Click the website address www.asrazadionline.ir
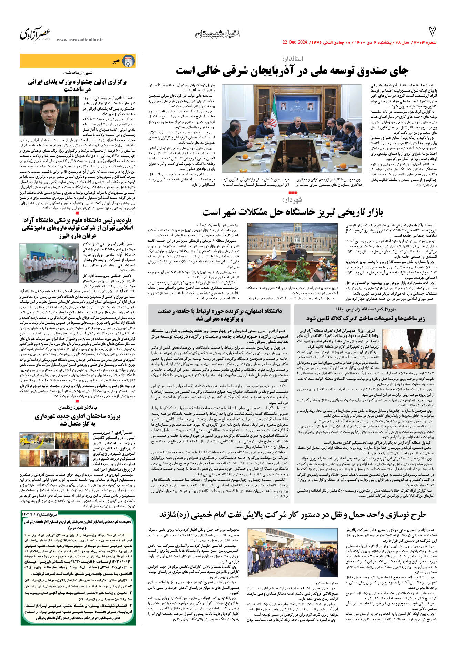click(80, 40)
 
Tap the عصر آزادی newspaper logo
click(36, 33)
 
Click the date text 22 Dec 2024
click(294, 42)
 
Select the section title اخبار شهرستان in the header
click(217, 33)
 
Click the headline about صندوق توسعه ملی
click(292, 71)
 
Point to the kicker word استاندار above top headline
click(293, 59)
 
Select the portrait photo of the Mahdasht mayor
click(49, 116)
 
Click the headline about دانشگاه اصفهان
click(220, 315)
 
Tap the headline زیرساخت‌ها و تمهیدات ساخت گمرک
click(366, 318)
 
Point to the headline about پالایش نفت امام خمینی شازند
click(292, 515)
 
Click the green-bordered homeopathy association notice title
click(78, 522)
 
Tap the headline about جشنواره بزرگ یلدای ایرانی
click(78, 85)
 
